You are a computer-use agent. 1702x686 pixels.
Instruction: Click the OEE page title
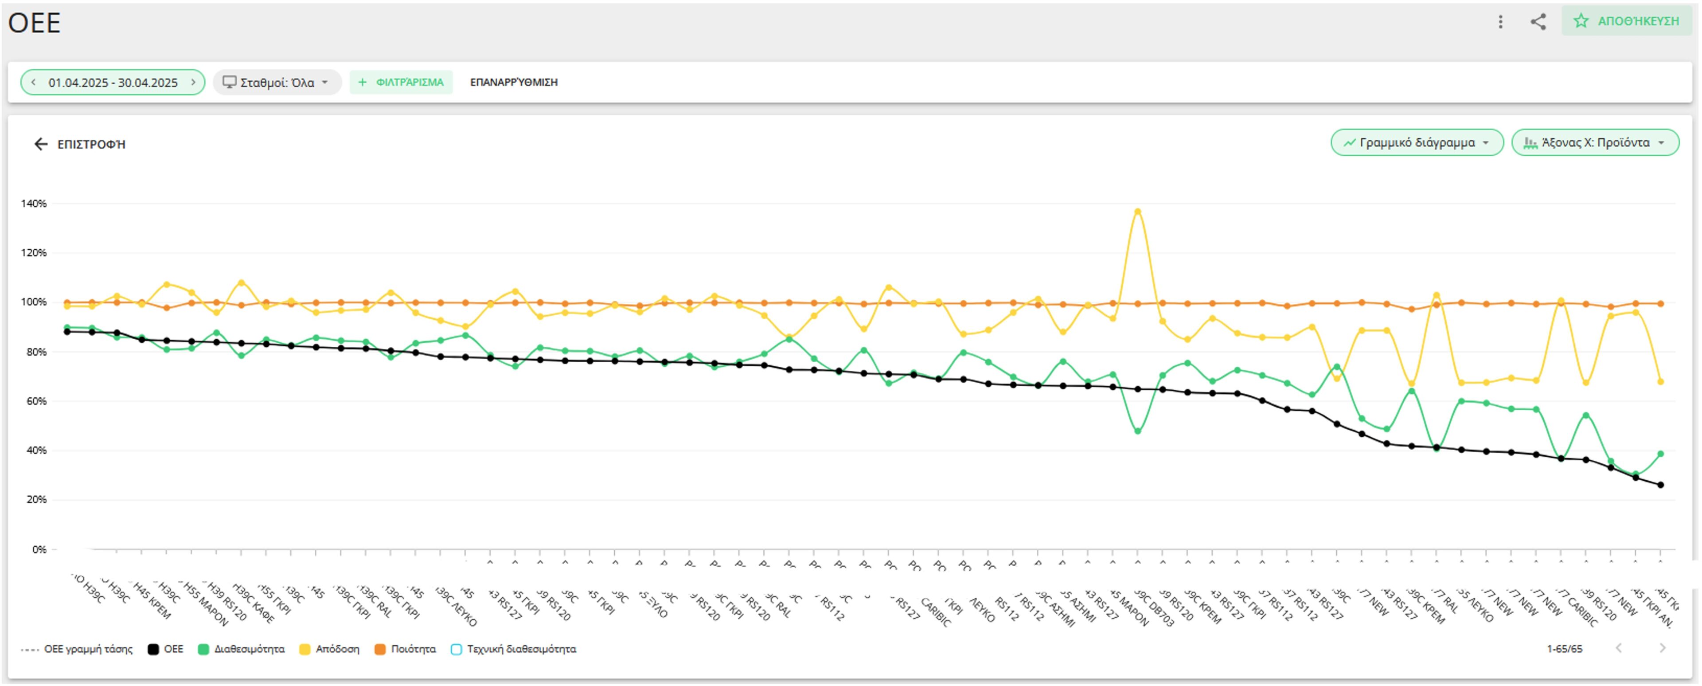point(35,23)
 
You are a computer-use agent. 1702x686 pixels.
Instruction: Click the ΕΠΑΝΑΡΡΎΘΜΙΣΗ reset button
point(513,82)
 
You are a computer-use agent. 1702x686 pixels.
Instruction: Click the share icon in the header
point(1538,22)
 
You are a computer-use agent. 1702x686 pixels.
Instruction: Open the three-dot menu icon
point(1500,22)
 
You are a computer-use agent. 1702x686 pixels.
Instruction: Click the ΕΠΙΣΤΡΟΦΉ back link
point(79,144)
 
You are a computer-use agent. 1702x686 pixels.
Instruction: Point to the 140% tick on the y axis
point(34,204)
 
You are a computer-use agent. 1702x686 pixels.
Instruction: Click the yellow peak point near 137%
point(1137,212)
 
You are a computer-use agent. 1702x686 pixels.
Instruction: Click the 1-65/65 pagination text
point(1564,649)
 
